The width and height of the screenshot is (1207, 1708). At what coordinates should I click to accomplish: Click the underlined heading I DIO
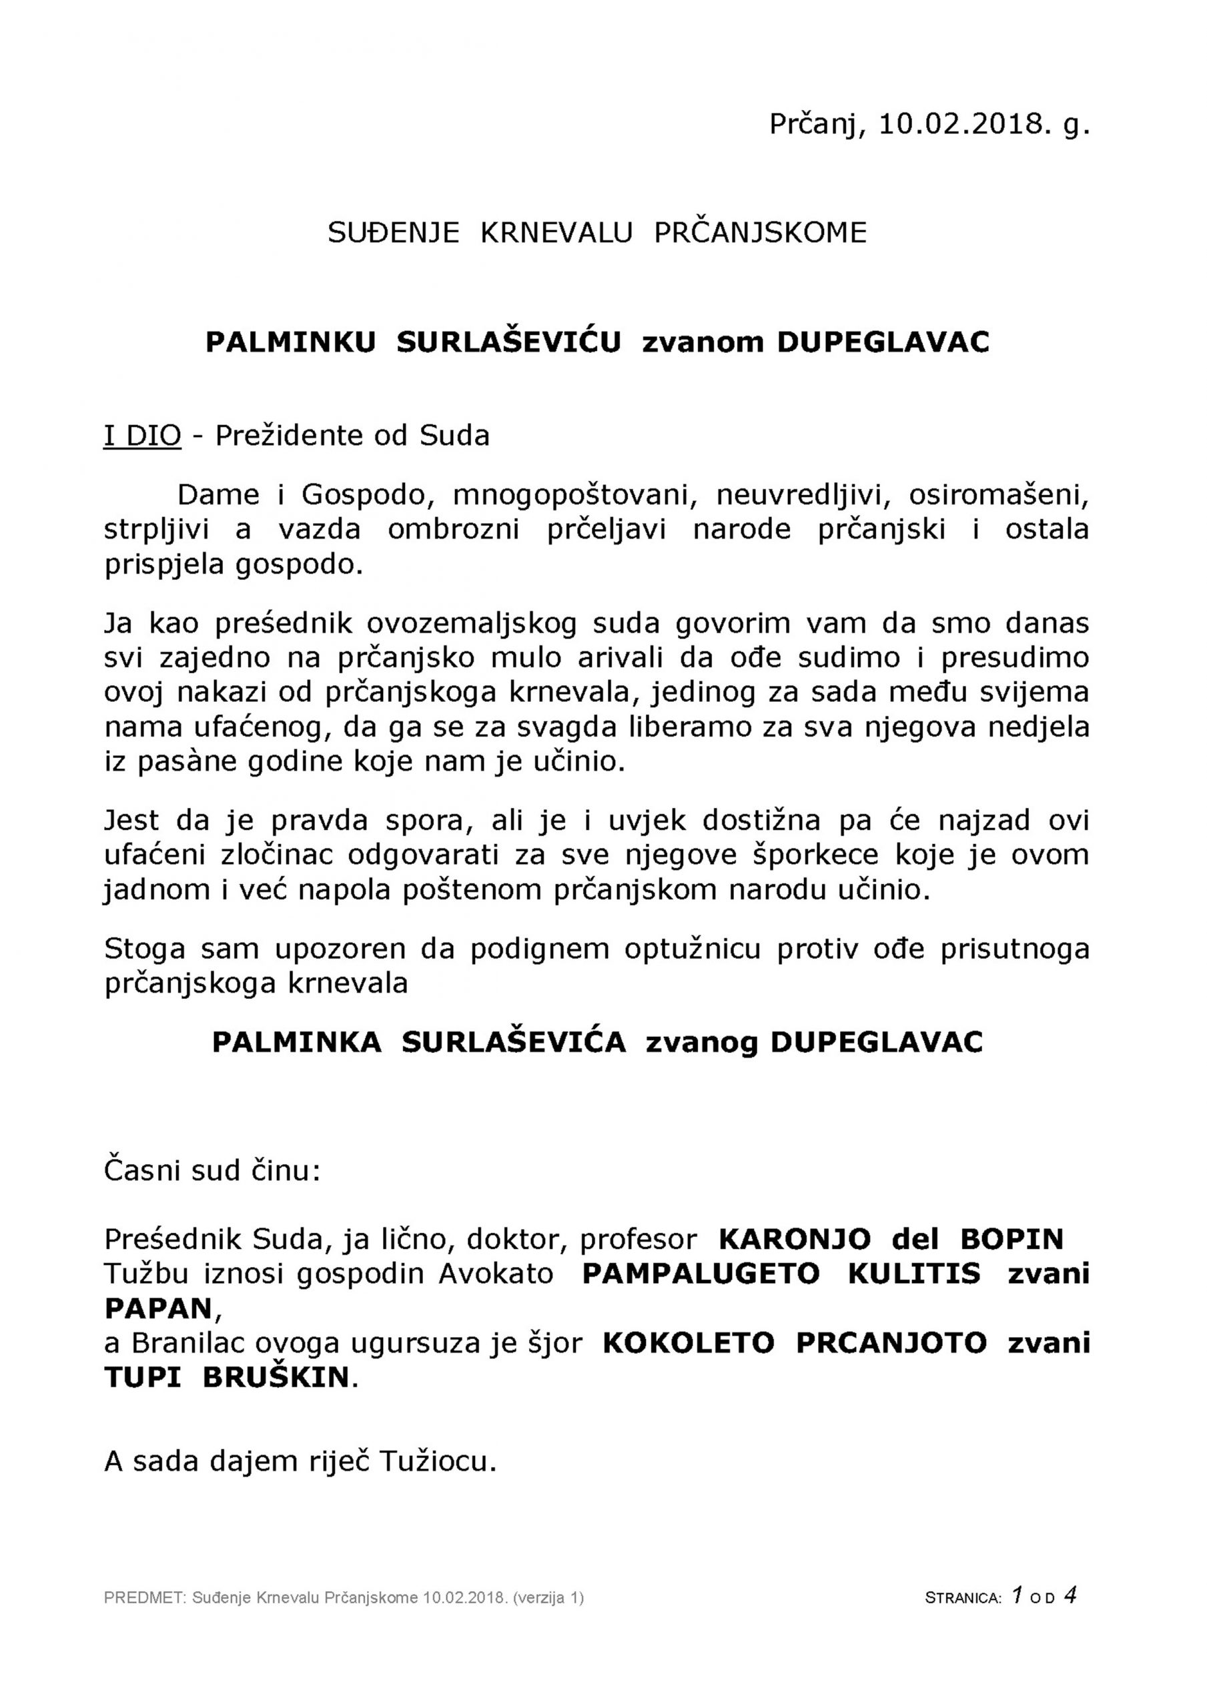click(x=142, y=435)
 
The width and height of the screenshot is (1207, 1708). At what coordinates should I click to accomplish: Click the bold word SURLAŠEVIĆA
click(x=514, y=1042)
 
